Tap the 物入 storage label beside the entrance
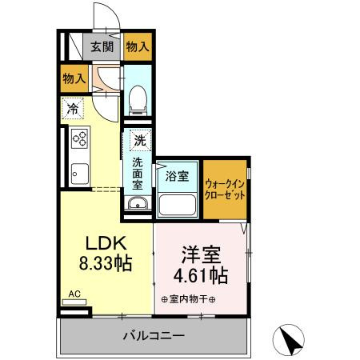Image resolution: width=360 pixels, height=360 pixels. point(138,46)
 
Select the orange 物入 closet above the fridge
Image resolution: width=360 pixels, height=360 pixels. point(74,78)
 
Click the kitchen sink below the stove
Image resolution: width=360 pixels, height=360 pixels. point(78,170)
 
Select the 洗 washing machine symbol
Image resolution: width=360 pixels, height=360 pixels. point(140,140)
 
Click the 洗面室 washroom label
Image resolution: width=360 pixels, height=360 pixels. point(138,172)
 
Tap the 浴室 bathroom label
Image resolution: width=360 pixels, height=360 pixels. point(178,176)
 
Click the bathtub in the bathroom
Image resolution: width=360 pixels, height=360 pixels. point(178,203)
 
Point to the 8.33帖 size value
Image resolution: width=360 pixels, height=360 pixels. point(105,263)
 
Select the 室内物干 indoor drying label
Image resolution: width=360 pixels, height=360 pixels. point(193,299)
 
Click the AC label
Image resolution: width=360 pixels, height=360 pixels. point(74,294)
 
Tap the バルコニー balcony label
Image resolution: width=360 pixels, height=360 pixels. point(154,335)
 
